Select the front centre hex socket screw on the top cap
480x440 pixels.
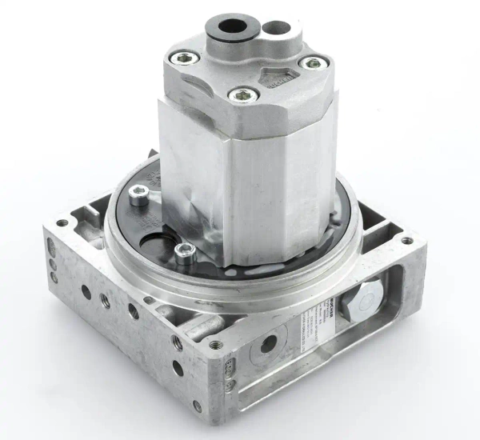(241, 96)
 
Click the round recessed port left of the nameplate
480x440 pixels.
(268, 344)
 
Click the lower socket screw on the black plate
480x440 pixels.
(184, 255)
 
